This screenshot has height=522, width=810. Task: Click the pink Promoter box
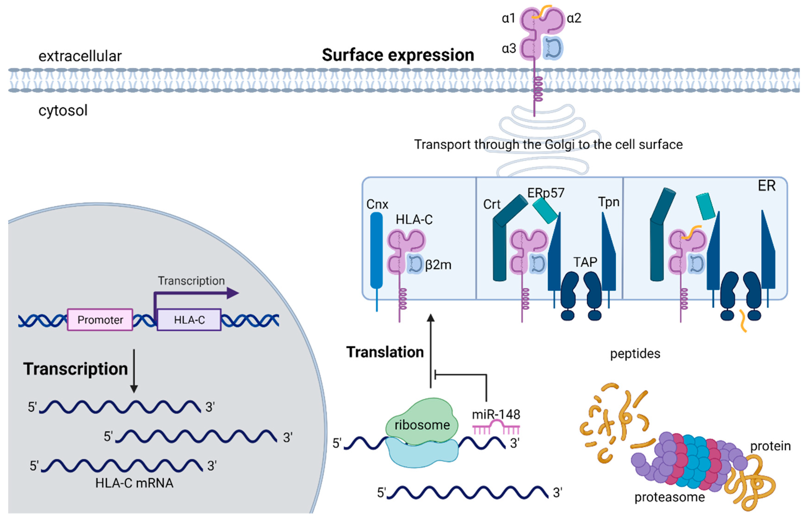coord(100,320)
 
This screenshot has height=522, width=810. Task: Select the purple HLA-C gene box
coord(189,320)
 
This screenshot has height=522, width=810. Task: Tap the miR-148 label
coord(496,414)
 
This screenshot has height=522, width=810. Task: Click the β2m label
coord(438,265)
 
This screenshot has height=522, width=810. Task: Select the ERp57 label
coord(546,193)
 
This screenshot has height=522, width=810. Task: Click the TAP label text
coord(585,262)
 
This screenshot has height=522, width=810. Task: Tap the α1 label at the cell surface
coord(508,18)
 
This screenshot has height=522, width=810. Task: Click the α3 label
coord(509,48)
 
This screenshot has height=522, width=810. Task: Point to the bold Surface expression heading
coord(398,55)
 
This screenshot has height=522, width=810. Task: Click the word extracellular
coord(80,56)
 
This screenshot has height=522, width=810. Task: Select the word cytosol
coord(63,110)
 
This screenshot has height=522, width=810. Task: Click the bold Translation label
coord(385,352)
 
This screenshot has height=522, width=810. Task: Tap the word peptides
coord(635,354)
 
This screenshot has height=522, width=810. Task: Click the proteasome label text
coord(670,497)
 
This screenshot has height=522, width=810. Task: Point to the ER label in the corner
coord(766,186)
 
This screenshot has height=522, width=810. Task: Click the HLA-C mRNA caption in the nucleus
coord(134,483)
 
